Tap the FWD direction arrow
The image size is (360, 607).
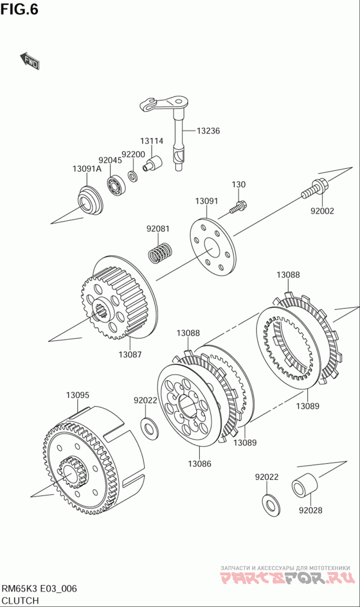[x=30, y=61]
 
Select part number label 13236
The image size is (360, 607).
[x=208, y=131]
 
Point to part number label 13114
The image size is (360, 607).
[x=151, y=141]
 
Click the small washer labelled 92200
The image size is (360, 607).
[x=133, y=175]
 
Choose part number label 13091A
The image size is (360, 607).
[x=87, y=168]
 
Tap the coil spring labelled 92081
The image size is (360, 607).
[x=160, y=252]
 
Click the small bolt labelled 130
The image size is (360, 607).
[x=238, y=207]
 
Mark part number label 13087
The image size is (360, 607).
[x=130, y=354]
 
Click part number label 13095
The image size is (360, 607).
[x=77, y=395]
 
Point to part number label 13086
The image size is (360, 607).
[x=199, y=463]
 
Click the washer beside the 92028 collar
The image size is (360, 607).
[x=270, y=503]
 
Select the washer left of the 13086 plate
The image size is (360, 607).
[x=148, y=427]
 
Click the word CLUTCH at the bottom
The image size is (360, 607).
[x=20, y=600]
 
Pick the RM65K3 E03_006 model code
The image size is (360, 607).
[x=39, y=589]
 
